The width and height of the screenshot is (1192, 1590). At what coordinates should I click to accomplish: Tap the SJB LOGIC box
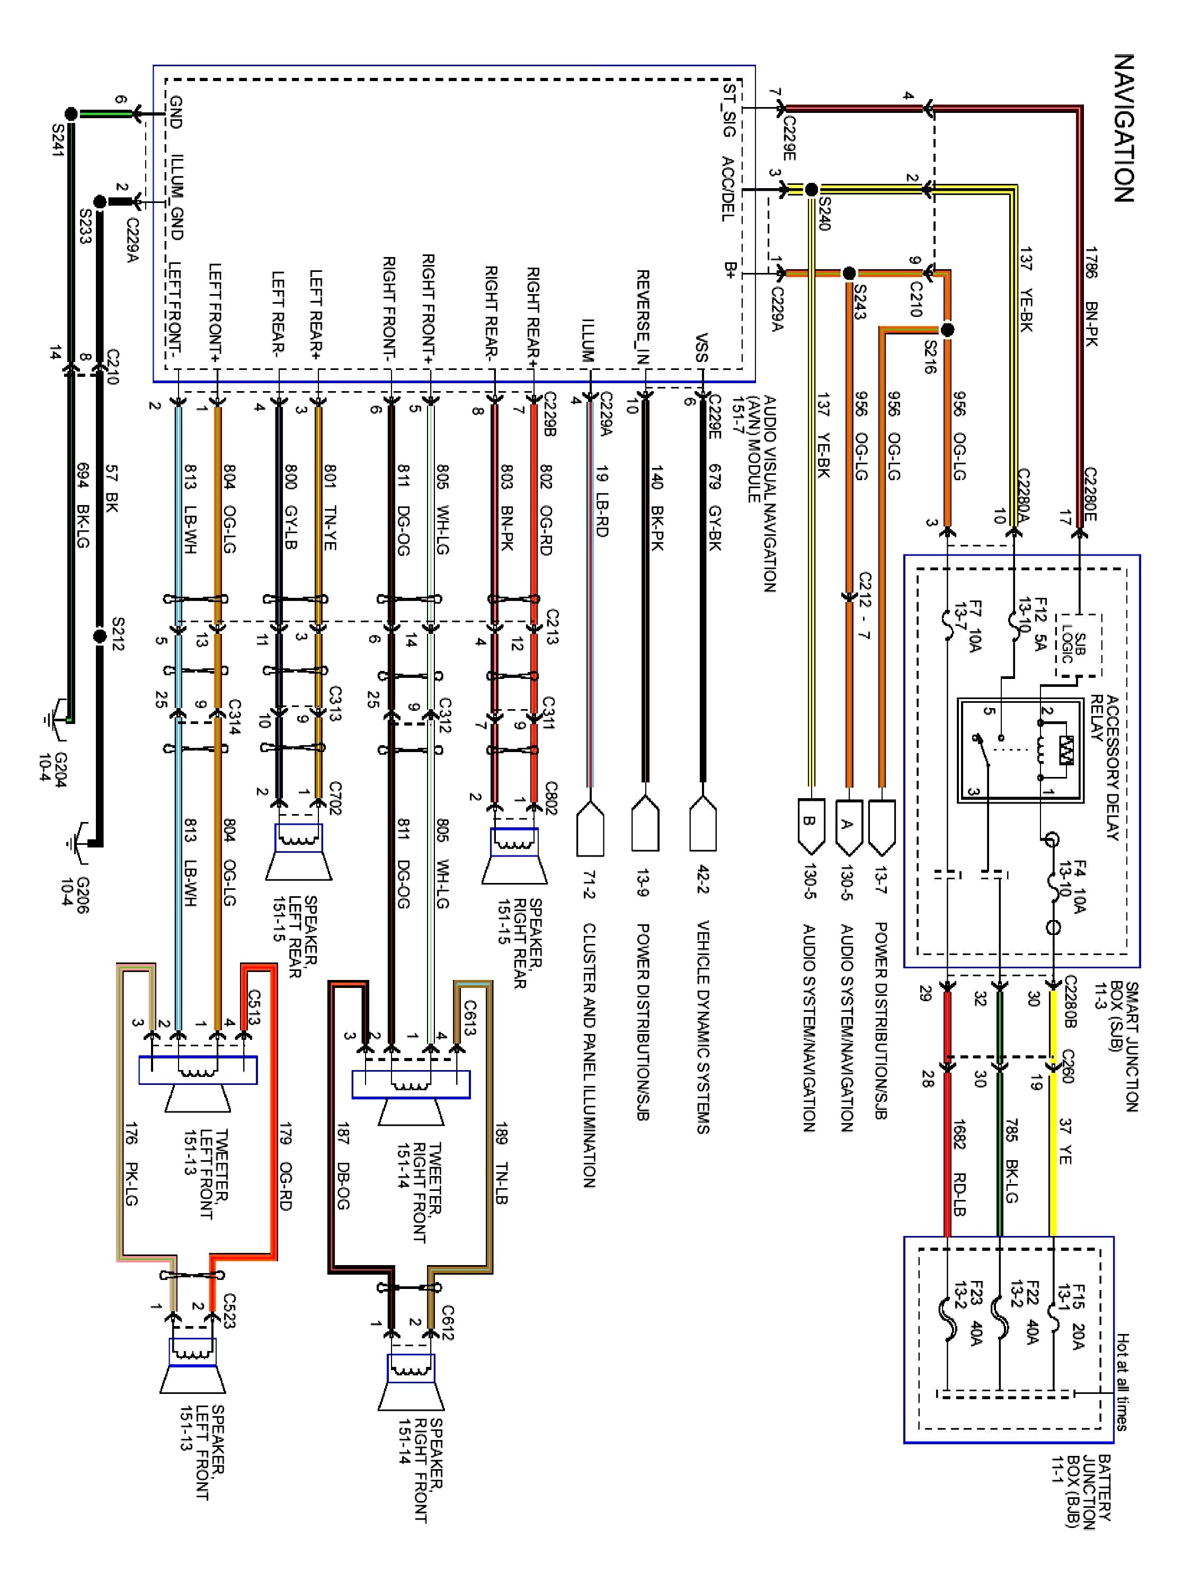pyautogui.click(x=1078, y=645)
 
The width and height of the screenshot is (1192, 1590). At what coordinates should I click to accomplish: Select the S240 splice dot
pyautogui.click(x=811, y=190)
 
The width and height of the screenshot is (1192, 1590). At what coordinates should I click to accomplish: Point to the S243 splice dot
pyautogui.click(x=849, y=273)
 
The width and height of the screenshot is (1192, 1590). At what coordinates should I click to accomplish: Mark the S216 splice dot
pyautogui.click(x=947, y=330)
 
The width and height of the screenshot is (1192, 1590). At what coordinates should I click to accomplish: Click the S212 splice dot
pyautogui.click(x=100, y=635)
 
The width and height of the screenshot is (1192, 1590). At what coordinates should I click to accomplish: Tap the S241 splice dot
pyautogui.click(x=70, y=113)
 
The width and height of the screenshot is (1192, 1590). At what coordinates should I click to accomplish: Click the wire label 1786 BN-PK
pyautogui.click(x=1091, y=296)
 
